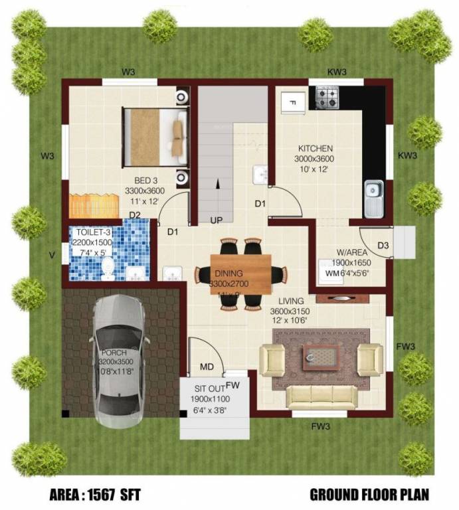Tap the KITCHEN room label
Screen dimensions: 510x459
coord(315,149)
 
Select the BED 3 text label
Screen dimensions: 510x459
coord(145,181)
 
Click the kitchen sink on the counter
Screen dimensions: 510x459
coord(373,197)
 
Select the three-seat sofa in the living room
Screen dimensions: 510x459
coord(321,397)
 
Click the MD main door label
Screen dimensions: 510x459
coord(207,367)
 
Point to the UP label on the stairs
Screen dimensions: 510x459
coord(217,220)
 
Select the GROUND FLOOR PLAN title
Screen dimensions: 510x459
coord(369,495)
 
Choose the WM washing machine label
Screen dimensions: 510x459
coord(332,272)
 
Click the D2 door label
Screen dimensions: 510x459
coord(135,215)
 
